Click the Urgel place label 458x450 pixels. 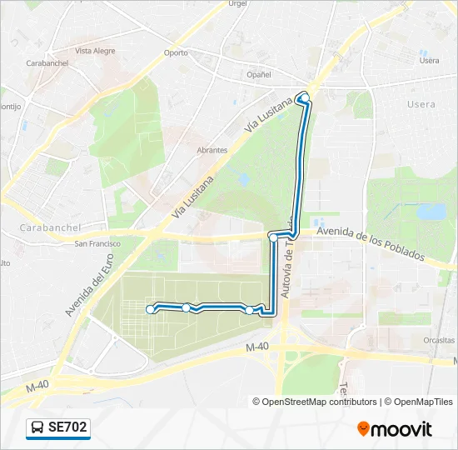click(238, 3)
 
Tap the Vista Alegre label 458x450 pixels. click(95, 51)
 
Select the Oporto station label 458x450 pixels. click(176, 52)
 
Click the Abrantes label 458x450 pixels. click(212, 150)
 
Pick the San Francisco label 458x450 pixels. click(97, 243)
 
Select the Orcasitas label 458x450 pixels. click(438, 340)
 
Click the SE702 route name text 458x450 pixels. click(67, 427)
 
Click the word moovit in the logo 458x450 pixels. click(402, 429)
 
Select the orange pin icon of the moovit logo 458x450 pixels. click(363, 429)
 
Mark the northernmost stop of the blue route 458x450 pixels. click(305, 98)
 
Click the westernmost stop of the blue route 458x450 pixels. click(151, 310)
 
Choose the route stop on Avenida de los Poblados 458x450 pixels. click(272, 237)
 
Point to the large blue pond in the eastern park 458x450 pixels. click(431, 212)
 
